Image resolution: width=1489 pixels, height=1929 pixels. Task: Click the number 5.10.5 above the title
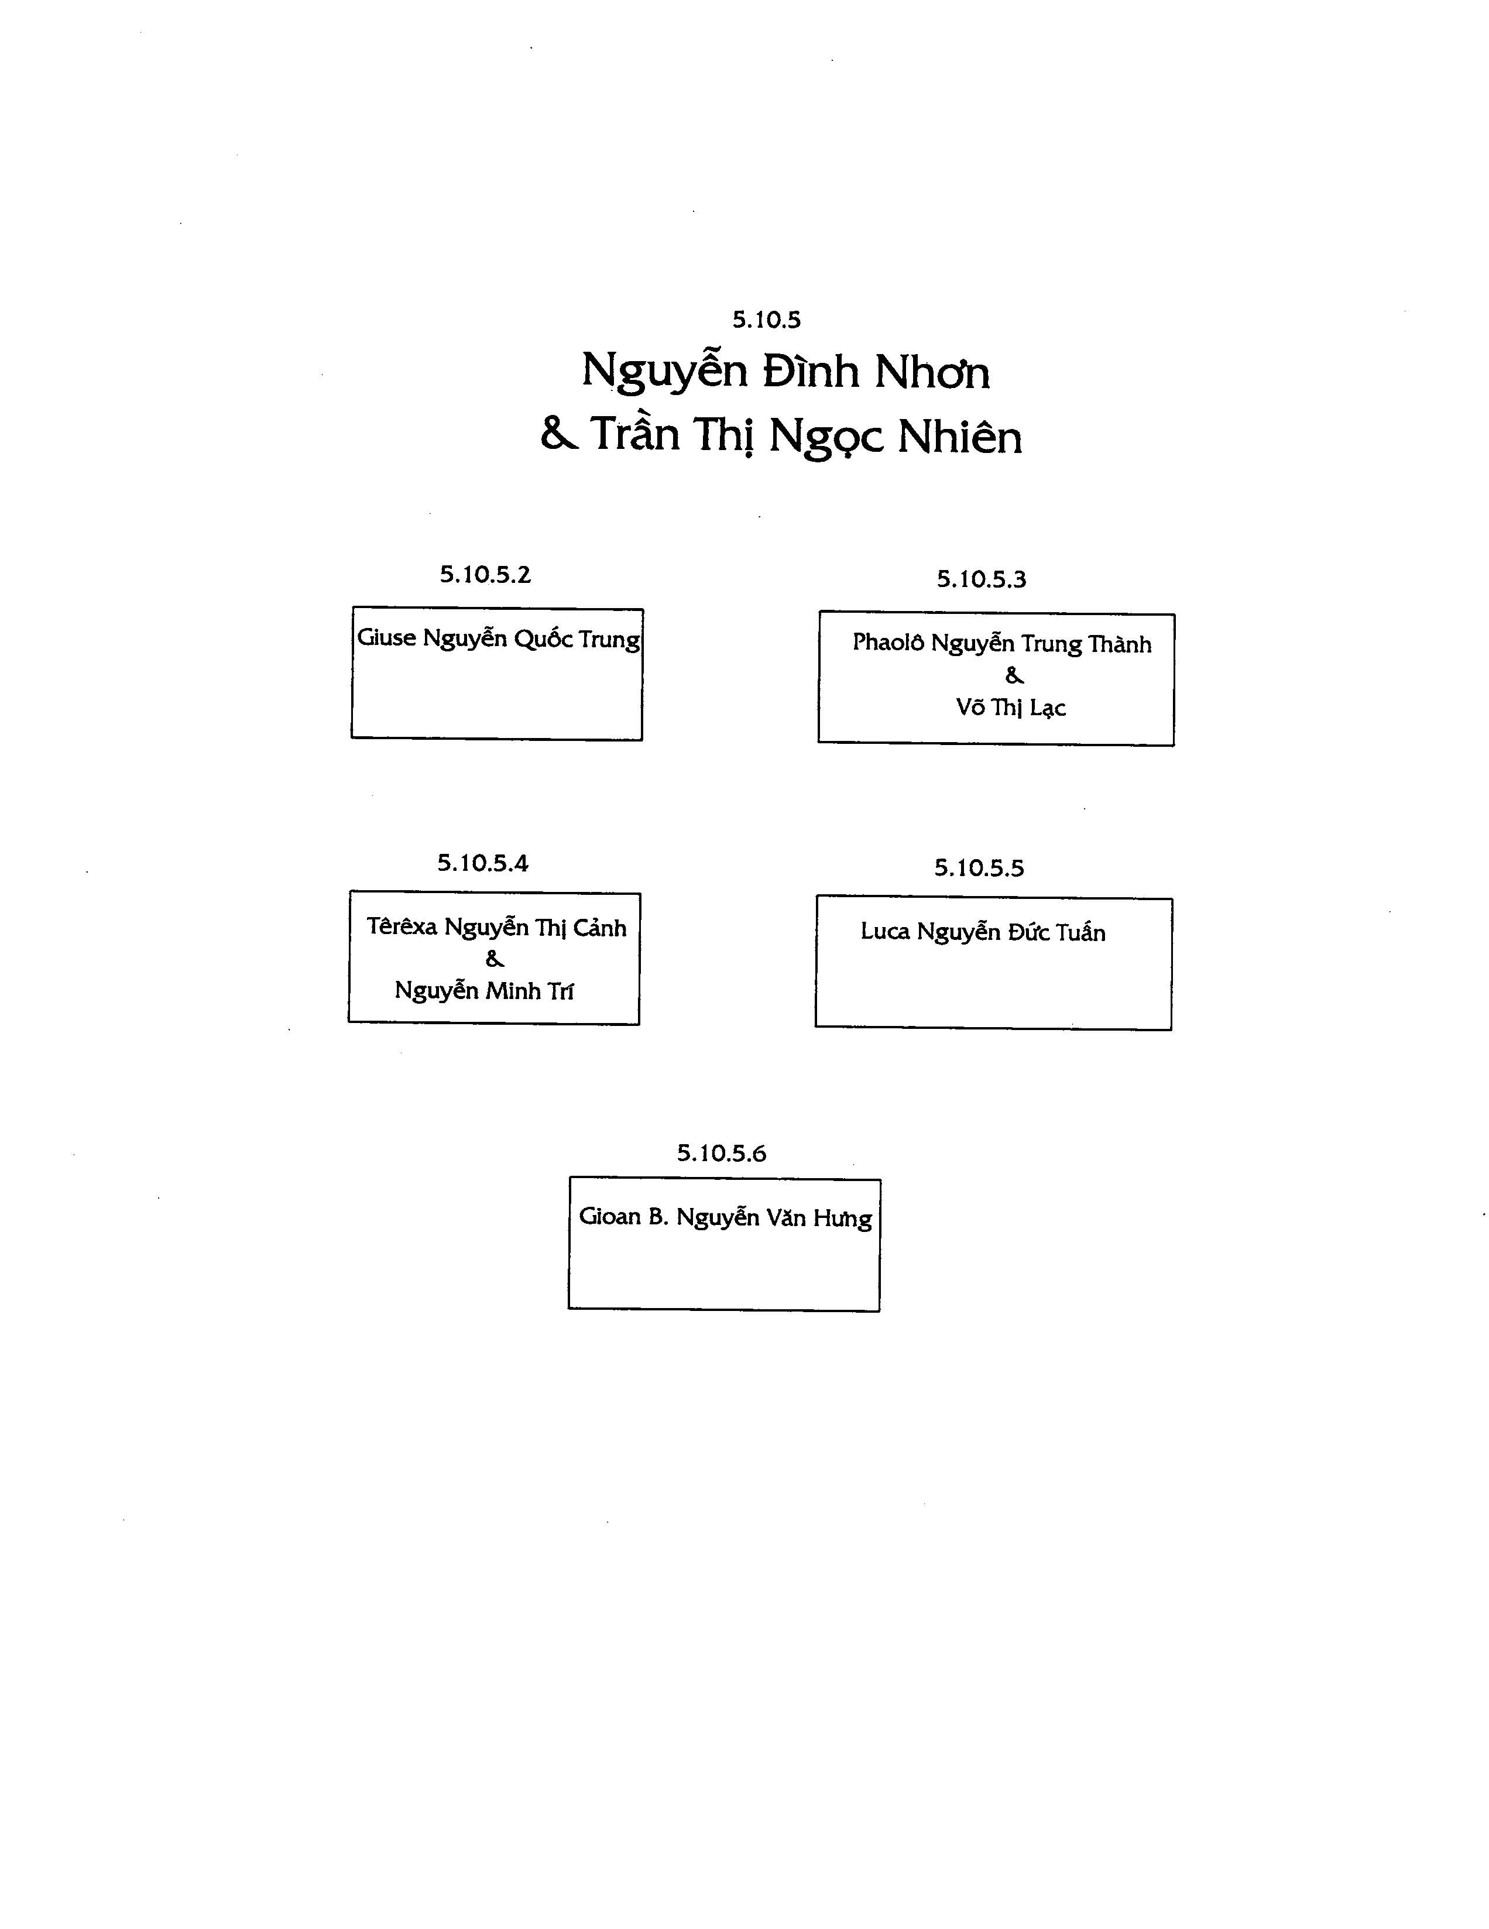point(766,320)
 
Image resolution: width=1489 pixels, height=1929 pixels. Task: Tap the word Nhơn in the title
point(932,372)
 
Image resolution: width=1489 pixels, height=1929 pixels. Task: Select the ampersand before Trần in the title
point(559,433)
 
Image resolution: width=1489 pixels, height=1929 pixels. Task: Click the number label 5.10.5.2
point(485,575)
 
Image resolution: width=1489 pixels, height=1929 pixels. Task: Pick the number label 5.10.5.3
point(981,579)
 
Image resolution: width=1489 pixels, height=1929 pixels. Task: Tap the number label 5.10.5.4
point(482,863)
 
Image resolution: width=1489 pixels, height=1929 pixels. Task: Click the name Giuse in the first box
point(386,638)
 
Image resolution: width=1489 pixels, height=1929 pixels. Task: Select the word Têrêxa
point(402,926)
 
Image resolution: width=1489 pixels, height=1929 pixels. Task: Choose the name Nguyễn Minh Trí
point(484,991)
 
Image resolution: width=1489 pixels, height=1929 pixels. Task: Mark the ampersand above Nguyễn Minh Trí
point(495,958)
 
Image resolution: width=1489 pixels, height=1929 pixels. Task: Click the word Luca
point(885,932)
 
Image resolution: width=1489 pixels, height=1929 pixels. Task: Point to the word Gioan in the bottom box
point(609,1216)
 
